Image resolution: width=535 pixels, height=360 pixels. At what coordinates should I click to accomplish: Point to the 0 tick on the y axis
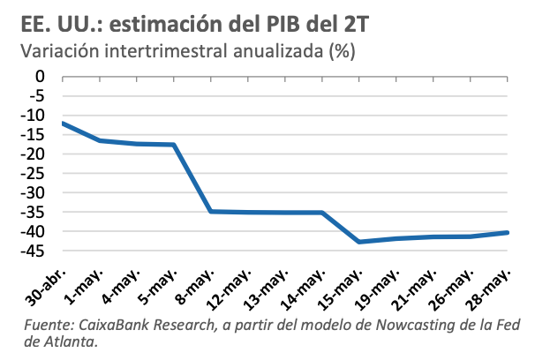(42, 76)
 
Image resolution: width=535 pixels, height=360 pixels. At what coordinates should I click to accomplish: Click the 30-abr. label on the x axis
(47, 280)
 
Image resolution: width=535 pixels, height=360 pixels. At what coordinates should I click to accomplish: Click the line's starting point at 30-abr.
(63, 123)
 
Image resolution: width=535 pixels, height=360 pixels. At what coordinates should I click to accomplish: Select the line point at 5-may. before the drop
(174, 145)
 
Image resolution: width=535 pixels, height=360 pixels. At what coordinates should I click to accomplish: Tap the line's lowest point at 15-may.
(358, 242)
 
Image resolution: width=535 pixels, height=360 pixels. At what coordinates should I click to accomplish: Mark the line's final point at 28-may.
(507, 232)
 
